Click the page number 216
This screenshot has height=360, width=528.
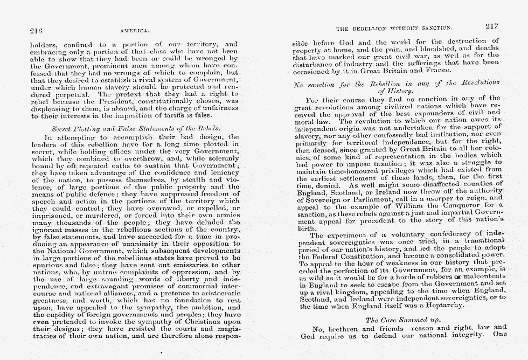pos(37,31)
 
